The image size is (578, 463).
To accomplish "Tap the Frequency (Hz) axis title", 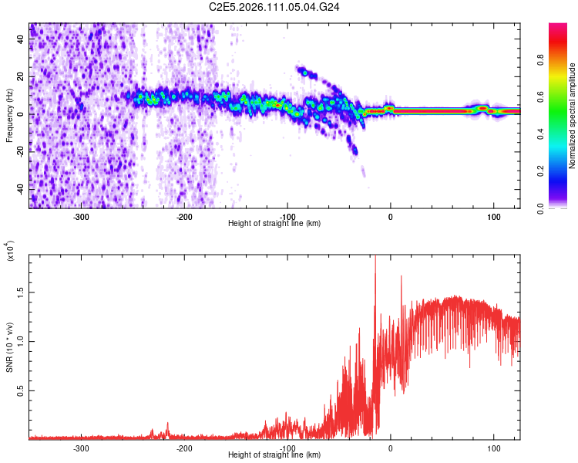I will pos(9,116).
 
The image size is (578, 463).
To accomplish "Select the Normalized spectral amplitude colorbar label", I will pos(573,116).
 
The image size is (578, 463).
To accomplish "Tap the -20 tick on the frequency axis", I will pos(19,150).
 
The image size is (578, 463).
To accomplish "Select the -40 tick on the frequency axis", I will pos(19,188).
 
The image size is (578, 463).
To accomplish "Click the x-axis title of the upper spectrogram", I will pos(274,223).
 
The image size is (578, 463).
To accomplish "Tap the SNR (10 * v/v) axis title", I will pos(9,347).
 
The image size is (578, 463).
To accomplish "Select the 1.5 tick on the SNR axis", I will pos(20,292).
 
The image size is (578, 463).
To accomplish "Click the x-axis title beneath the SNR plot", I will pos(274,455).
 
